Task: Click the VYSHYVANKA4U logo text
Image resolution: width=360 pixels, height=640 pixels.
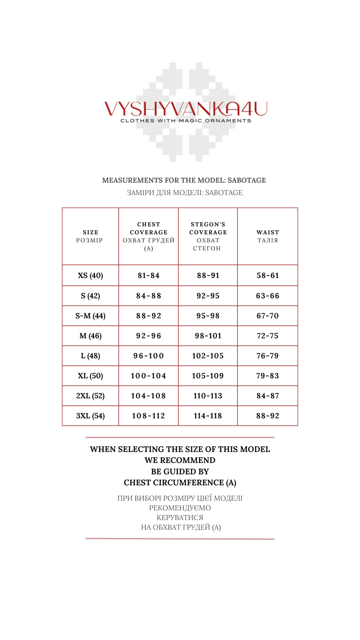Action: [x=186, y=109]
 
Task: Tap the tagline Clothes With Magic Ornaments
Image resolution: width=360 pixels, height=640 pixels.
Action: [x=186, y=121]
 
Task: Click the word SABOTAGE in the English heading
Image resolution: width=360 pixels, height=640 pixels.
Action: [x=247, y=180]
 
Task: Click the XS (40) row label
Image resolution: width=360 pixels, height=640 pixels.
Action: [x=90, y=276]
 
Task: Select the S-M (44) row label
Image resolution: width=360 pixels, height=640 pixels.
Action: [x=90, y=316]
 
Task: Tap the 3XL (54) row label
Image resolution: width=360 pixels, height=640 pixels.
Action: [x=90, y=416]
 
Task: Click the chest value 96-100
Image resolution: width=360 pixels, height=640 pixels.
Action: [x=149, y=356]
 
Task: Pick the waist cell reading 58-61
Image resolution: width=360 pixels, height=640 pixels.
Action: [x=268, y=276]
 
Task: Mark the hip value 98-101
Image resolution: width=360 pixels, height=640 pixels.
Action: [x=208, y=336]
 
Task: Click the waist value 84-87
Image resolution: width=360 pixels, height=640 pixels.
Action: [x=268, y=396]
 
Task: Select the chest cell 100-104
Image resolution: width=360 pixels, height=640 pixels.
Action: [x=149, y=376]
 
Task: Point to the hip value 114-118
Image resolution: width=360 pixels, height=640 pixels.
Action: [x=208, y=416]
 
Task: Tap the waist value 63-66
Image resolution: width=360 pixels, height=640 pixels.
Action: [x=268, y=296]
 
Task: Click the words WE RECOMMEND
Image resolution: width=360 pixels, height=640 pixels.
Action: [x=180, y=460]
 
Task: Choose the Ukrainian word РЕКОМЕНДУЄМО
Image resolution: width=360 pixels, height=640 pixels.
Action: [x=180, y=508]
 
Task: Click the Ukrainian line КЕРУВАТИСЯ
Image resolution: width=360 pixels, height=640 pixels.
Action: [x=180, y=518]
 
